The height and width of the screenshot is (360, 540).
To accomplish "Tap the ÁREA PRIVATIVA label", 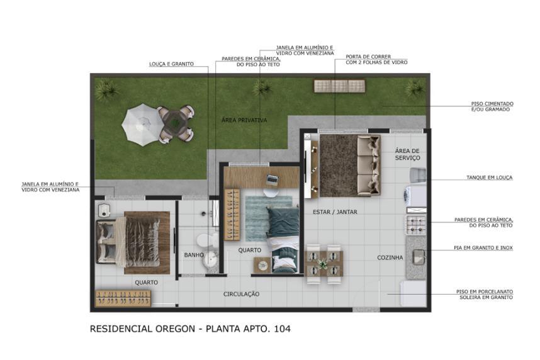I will point(245,120).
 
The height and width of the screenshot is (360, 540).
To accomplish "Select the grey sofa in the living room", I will point(368,165).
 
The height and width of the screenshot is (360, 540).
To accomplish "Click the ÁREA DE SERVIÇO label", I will point(407,154).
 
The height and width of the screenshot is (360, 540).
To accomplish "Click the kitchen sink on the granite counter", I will point(418,256).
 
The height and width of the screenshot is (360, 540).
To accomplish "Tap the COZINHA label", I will point(390,257).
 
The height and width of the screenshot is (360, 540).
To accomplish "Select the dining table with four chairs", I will point(324,263).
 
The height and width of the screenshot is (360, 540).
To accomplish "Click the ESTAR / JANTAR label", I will point(335,212).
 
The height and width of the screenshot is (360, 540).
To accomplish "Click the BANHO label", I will point(193,255).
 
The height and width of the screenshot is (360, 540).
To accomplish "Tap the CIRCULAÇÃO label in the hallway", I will point(241,294).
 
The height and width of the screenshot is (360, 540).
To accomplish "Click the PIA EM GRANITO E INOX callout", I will point(483,248).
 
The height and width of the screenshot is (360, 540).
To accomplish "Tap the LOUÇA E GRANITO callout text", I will point(171,64).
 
